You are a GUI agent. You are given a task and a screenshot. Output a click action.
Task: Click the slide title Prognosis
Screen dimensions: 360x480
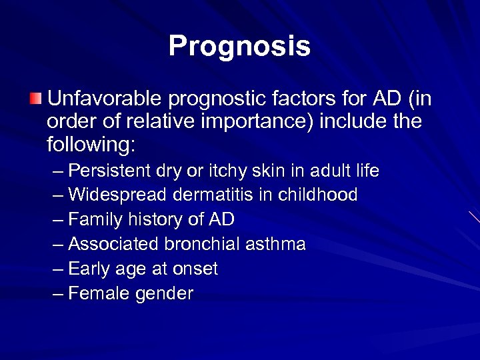click(239, 46)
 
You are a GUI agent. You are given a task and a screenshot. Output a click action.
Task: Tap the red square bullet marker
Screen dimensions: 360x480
click(35, 100)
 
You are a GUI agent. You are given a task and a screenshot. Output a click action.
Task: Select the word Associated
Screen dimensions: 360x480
click(112, 244)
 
